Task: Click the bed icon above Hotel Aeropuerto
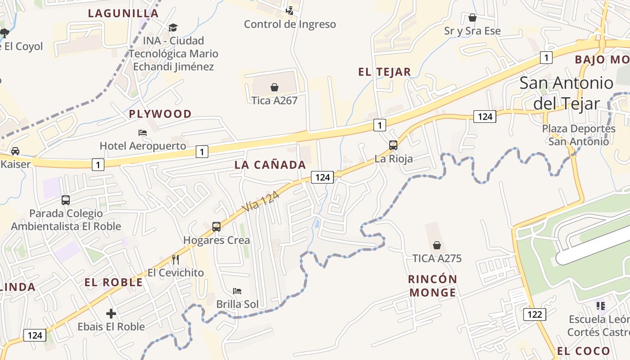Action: (143, 133)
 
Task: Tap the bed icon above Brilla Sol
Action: (237, 291)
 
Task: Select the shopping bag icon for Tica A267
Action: (274, 87)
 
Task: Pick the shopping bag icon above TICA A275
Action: (436, 245)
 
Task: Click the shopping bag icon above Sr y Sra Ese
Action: (472, 18)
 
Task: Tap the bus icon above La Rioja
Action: (393, 145)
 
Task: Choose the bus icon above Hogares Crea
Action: (216, 227)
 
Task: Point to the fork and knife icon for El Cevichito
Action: (175, 259)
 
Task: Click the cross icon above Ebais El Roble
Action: (111, 313)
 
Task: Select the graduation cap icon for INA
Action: (173, 28)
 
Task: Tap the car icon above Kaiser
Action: (15, 151)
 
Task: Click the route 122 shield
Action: (535, 314)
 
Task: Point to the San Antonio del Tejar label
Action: (566, 93)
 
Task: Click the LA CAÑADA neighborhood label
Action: (270, 165)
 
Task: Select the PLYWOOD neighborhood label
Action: (160, 114)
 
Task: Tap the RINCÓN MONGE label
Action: (432, 286)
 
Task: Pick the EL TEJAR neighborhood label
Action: (384, 72)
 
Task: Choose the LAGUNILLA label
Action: (123, 13)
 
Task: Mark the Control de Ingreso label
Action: (290, 24)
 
